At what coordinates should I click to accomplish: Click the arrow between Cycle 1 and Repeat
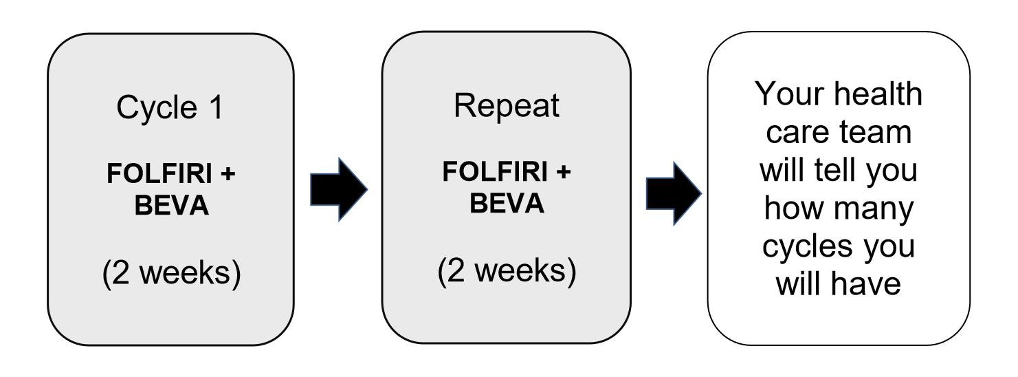(x=338, y=189)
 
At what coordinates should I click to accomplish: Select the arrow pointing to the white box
(x=672, y=193)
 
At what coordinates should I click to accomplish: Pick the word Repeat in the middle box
(x=507, y=106)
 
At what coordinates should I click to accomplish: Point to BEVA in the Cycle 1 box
(x=172, y=205)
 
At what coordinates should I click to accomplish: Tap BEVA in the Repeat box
(x=507, y=204)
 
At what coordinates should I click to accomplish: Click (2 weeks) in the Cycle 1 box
(x=172, y=274)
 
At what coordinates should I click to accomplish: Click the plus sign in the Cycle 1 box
(x=228, y=175)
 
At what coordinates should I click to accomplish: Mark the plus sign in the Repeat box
(x=563, y=173)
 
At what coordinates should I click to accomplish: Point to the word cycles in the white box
(x=806, y=246)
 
